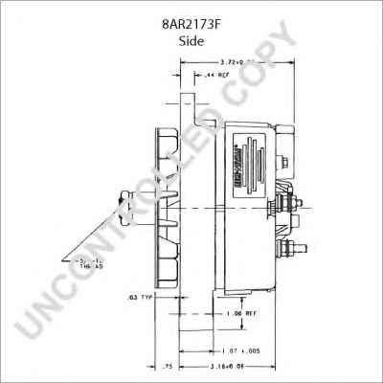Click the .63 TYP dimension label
tap(140, 299)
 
